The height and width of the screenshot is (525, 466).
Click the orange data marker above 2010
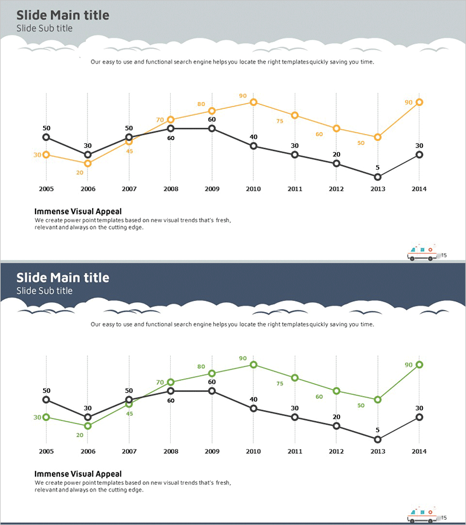tap(253, 102)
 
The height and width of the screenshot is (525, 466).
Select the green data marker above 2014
tap(419, 365)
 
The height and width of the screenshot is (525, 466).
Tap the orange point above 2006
tap(88, 163)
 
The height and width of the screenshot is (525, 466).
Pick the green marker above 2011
tap(295, 377)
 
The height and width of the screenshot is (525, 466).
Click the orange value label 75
tap(280, 121)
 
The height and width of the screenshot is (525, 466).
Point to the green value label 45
tap(129, 414)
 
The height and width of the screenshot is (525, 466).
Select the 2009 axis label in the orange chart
tap(211, 189)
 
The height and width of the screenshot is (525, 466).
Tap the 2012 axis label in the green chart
tap(336, 452)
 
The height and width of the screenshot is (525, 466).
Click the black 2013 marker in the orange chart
tap(377, 177)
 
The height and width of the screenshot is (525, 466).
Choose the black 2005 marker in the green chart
tap(46, 400)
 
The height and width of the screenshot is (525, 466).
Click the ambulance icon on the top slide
tap(422, 253)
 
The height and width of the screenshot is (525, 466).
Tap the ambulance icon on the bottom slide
tap(422, 514)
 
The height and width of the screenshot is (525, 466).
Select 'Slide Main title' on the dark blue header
tap(62, 278)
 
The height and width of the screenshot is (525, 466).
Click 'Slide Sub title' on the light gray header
tap(44, 28)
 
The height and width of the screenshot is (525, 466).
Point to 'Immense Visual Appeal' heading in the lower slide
tap(78, 474)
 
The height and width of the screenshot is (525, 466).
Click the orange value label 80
tap(201, 104)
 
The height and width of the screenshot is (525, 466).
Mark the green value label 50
tap(361, 405)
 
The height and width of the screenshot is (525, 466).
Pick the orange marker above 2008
tap(171, 120)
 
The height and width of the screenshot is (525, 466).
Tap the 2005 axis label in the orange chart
tap(46, 189)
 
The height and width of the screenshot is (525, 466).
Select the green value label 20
tap(80, 435)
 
